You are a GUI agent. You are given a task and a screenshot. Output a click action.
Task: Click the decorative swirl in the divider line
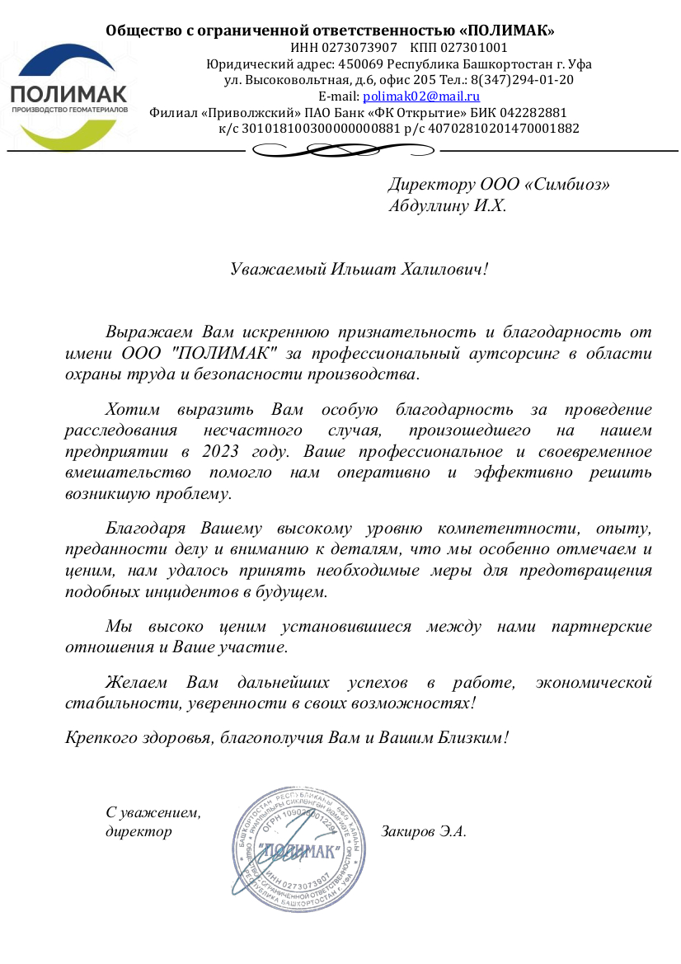[x=343, y=150]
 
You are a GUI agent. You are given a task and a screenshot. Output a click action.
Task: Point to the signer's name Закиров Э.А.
[x=424, y=831]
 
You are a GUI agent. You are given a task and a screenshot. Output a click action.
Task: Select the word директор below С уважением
[x=139, y=831]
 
